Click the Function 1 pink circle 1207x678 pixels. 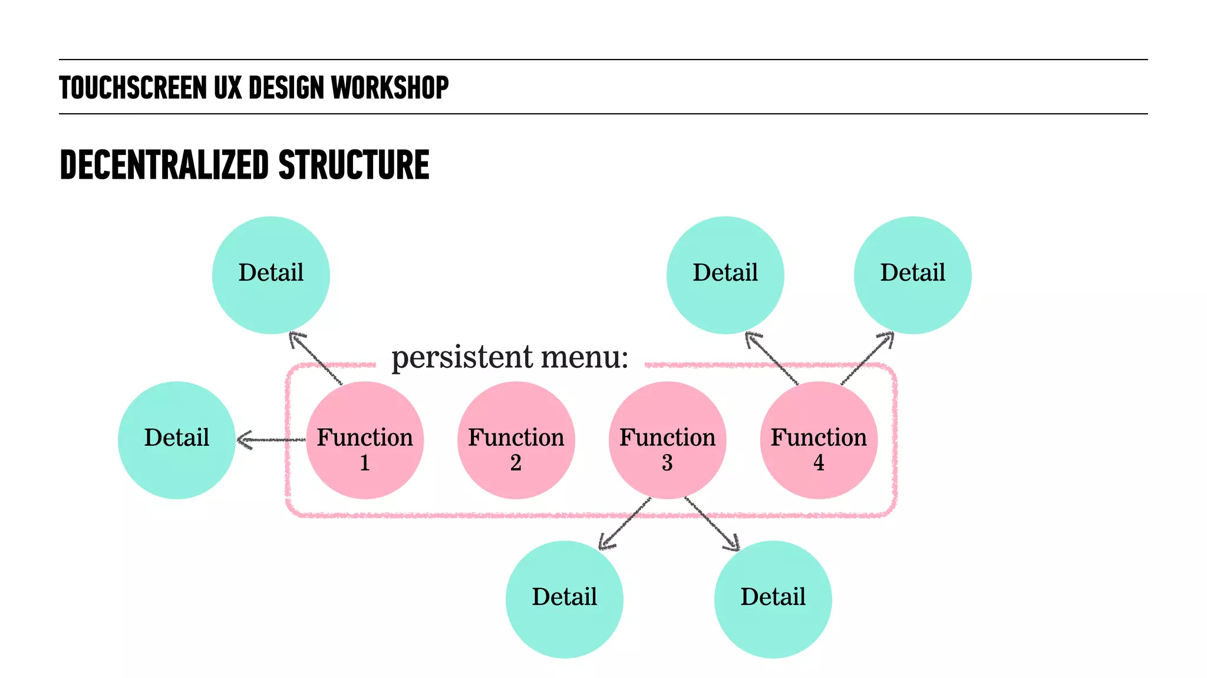pyautogui.click(x=365, y=440)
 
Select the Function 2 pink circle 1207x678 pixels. pyautogui.click(x=516, y=440)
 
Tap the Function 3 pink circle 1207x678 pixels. pyautogui.click(x=667, y=440)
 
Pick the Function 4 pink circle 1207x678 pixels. pyautogui.click(x=819, y=440)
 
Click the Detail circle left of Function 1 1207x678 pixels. pyautogui.click(x=177, y=440)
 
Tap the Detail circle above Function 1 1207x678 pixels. pyautogui.click(x=271, y=275)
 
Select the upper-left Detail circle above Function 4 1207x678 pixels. pyautogui.click(x=725, y=275)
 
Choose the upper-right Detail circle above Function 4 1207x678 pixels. pyautogui.click(x=912, y=275)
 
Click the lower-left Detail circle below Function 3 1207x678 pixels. pyautogui.click(x=565, y=600)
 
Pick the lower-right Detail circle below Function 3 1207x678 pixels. pyautogui.click(x=773, y=600)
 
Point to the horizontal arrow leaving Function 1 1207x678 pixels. pyautogui.click(x=271, y=440)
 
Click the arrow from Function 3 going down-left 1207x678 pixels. pyautogui.click(x=625, y=524)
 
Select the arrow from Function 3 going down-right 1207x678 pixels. pyautogui.click(x=712, y=524)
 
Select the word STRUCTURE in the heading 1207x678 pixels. pyautogui.click(x=354, y=165)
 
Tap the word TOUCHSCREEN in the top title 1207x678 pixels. pyautogui.click(x=133, y=88)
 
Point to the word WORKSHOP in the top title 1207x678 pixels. pyautogui.click(x=390, y=88)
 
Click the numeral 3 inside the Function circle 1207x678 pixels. pyautogui.click(x=667, y=463)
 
